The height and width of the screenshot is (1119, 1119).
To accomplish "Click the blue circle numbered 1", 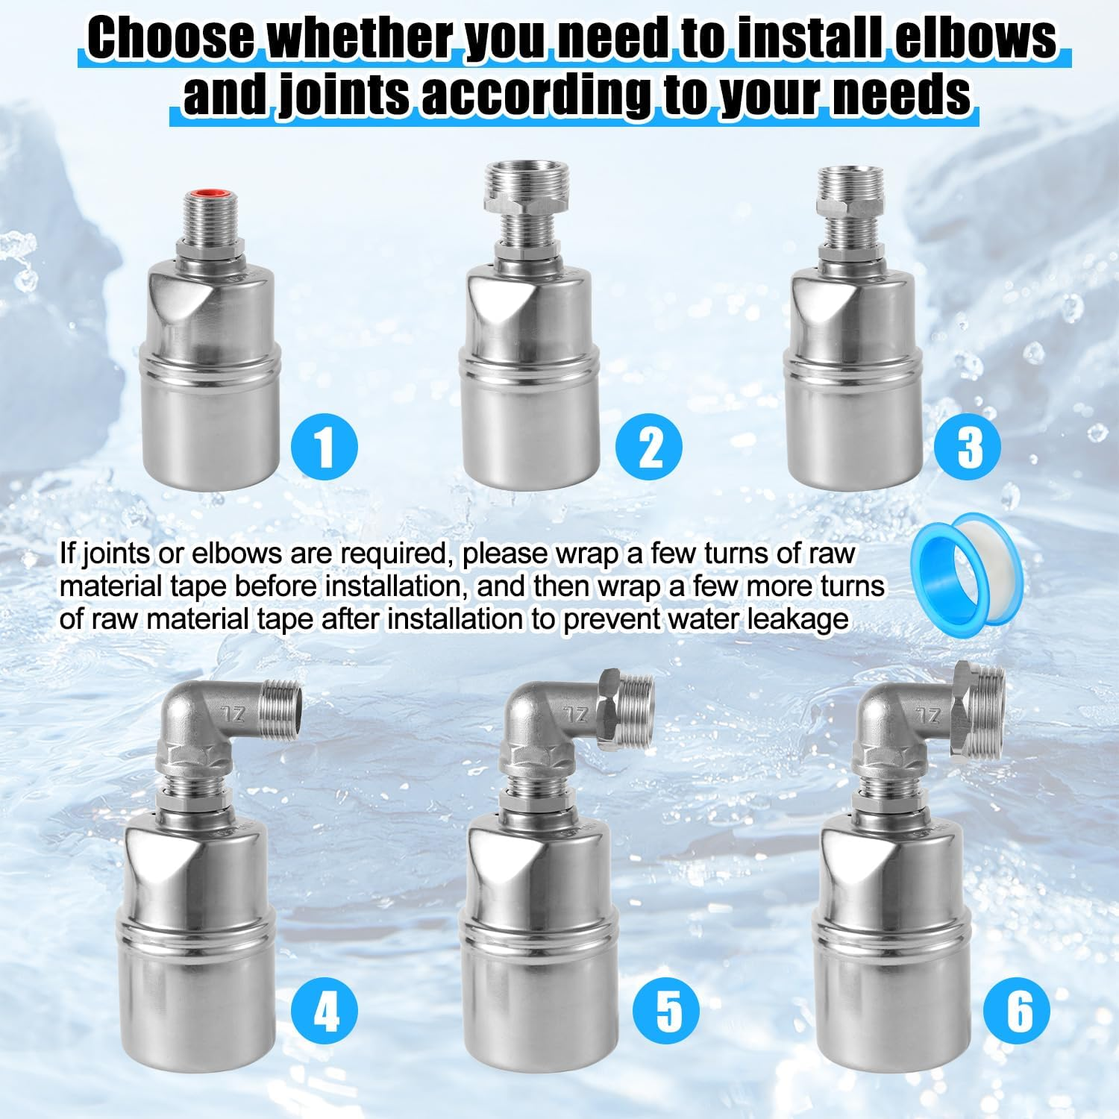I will tap(324, 447).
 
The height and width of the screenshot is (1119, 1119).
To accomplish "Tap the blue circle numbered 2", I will tap(649, 447).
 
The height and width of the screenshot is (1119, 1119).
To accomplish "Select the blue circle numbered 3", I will tap(968, 447).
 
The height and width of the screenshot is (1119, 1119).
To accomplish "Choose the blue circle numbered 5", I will tap(668, 1010).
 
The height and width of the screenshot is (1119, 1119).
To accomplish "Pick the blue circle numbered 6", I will tap(1017, 1011).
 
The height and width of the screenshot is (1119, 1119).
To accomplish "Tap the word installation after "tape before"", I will tap(394, 586).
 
